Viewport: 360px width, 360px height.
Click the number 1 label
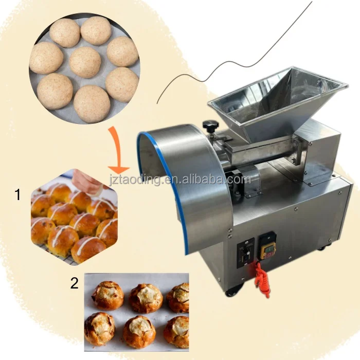(x=17, y=195)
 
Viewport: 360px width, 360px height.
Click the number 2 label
(x=75, y=282)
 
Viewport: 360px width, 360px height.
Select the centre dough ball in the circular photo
(x=84, y=63)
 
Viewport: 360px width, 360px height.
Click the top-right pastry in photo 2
(x=178, y=297)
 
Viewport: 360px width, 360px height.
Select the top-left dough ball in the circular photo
(x=65, y=32)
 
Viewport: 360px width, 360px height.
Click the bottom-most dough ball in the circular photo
(x=91, y=103)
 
